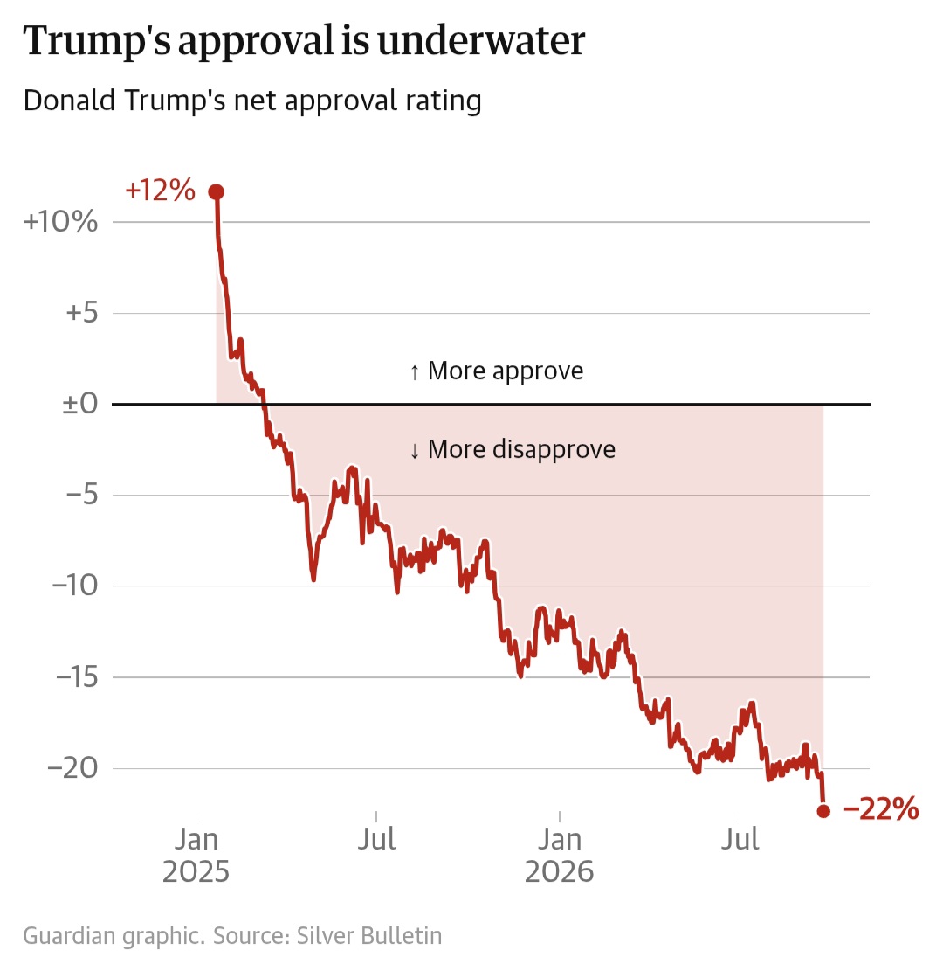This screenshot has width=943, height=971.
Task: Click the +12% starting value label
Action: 161,191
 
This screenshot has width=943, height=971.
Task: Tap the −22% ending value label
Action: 881,808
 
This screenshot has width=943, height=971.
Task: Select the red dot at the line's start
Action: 216,192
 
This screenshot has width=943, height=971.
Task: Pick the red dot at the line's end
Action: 823,810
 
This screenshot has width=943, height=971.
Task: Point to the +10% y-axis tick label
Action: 60,222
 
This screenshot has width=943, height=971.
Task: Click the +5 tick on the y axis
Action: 82,313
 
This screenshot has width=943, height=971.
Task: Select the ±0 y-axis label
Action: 80,404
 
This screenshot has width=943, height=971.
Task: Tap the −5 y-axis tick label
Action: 82,495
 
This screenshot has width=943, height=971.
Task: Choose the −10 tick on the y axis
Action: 75,586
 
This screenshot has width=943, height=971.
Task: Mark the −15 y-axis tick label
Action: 78,676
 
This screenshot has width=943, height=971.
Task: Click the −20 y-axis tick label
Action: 73,768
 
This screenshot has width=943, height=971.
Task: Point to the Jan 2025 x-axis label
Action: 196,856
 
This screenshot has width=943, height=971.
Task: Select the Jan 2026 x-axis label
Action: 560,856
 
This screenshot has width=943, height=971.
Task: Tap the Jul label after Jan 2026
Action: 740,840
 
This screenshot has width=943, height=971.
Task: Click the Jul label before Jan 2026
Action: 376,840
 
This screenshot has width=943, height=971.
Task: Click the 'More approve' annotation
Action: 496,371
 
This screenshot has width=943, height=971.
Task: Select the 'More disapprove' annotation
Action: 513,449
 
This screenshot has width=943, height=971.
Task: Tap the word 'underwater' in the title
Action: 481,41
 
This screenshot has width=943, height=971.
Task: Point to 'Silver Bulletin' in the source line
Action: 369,935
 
